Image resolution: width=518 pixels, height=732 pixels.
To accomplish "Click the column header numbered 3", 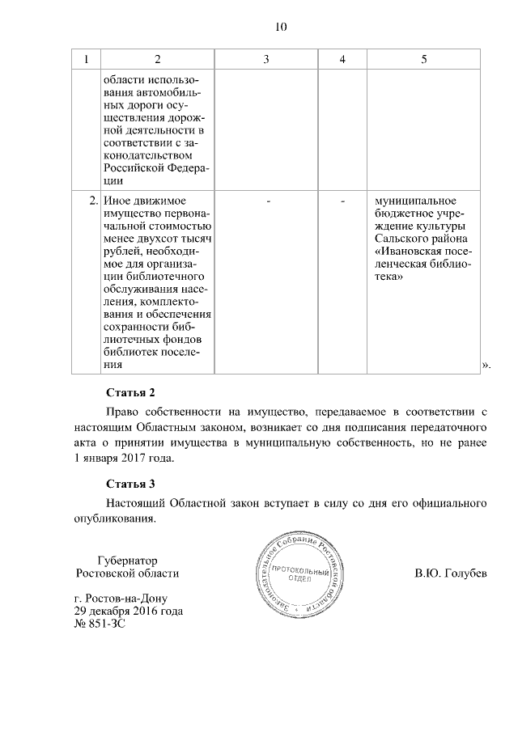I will pos(266,60).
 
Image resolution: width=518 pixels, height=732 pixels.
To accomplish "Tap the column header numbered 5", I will pos(424,60).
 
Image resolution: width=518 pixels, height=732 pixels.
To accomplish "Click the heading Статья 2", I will pos(129,393).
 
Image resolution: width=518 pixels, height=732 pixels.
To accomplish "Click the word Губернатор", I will pos(125,560).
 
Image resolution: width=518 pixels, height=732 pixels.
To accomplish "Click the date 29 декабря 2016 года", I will pos(128,611).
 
